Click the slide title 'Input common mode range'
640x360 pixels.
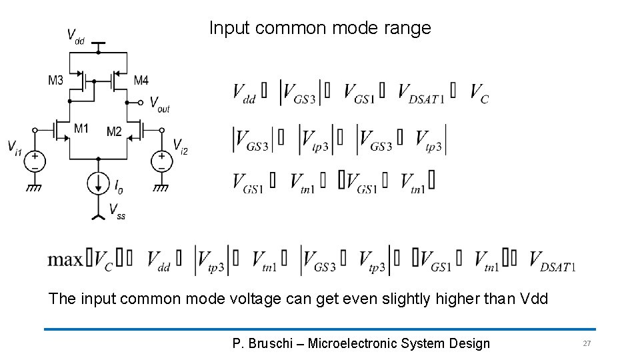tap(320, 28)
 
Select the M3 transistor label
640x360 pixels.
tap(55, 81)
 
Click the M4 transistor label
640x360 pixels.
tap(141, 81)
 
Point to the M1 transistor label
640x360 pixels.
tap(81, 128)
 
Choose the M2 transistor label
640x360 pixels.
tap(114, 131)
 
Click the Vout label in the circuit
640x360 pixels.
tap(159, 104)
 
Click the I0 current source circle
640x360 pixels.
tap(98, 183)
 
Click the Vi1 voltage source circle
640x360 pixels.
tap(35, 161)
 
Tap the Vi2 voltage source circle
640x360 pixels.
tap(161, 161)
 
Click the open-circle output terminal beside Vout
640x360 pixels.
tap(141, 103)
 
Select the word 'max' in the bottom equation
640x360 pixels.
tap(65, 259)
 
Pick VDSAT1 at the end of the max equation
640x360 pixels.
tap(552, 261)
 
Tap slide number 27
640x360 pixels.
tap(587, 343)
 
